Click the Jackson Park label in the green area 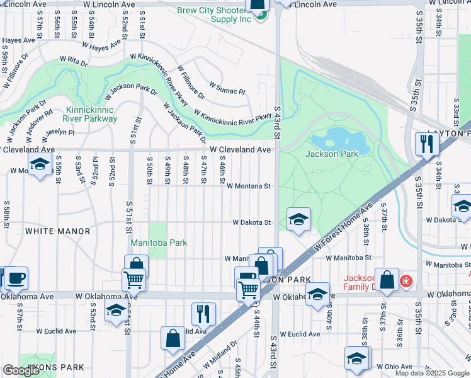pos(331,154)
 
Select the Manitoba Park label pos(159,243)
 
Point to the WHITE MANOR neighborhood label pos(58,231)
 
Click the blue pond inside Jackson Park pos(333,137)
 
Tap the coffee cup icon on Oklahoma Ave pos(16,278)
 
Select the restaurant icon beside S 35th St pos(427,144)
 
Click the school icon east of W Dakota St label pos(299,219)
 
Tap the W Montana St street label pos(248,186)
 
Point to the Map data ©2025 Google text pos(432,373)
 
